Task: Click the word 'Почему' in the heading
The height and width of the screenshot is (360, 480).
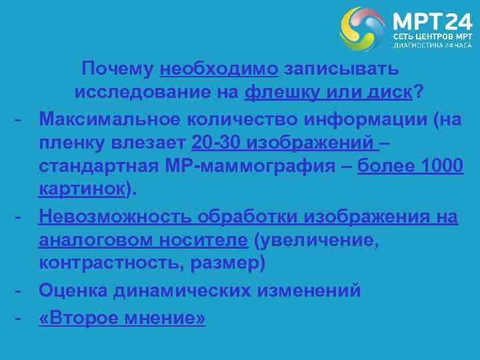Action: coord(117,69)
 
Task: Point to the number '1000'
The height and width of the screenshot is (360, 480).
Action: coord(442,167)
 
